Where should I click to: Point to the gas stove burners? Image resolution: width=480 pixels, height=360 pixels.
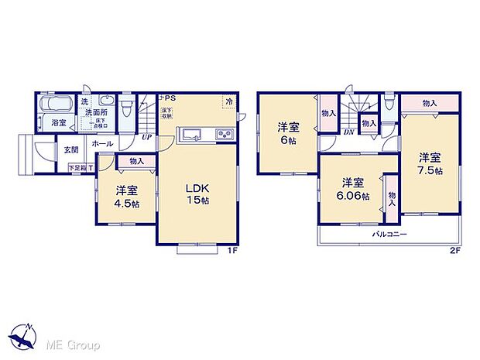pyautogui.click(x=225, y=135)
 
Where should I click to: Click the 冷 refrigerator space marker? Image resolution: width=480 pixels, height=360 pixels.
pyautogui.click(x=229, y=101)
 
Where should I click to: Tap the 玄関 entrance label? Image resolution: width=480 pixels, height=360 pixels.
pyautogui.click(x=71, y=149)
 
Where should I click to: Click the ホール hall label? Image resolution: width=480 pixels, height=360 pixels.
pyautogui.click(x=102, y=144)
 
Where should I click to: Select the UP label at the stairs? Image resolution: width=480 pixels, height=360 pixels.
pyautogui.click(x=146, y=139)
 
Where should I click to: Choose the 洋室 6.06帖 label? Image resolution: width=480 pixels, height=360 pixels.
pyautogui.click(x=353, y=190)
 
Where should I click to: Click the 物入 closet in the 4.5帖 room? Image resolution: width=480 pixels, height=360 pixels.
pyautogui.click(x=135, y=162)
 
